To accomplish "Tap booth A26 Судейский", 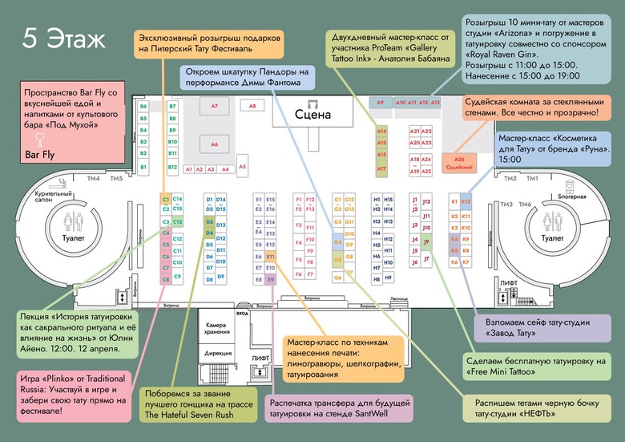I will tap(460, 163).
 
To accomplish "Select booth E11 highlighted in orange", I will tap(271, 257).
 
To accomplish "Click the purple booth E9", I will tap(271, 279).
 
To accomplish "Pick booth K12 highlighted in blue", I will tap(466, 201).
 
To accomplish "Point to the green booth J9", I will tap(426, 241).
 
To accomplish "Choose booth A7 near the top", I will tap(214, 106).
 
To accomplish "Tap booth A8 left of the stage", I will tap(252, 105).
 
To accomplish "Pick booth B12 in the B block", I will tap(172, 168).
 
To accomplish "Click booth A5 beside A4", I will tap(242, 167).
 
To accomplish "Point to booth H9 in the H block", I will tap(388, 278).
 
